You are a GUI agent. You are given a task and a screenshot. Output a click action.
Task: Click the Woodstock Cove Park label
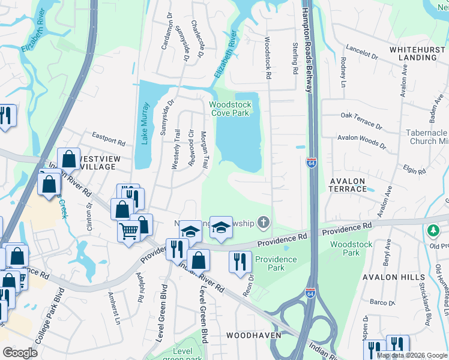pyautogui.click(x=230, y=109)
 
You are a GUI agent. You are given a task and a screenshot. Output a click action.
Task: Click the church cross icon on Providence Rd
pyautogui.click(x=262, y=223)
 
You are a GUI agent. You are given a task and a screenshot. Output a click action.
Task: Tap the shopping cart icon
pyautogui.click(x=129, y=230)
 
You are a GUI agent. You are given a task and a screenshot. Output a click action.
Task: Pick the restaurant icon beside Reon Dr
pyautogui.click(x=239, y=262)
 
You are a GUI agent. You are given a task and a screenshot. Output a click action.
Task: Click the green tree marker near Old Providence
pyautogui.click(x=432, y=230)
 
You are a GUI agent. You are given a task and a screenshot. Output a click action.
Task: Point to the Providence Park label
pyautogui.click(x=276, y=263)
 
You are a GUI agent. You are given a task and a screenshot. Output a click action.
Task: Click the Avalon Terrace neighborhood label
pyautogui.click(x=348, y=184)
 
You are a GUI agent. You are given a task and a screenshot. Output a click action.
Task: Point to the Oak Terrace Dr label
pyautogui.click(x=361, y=120)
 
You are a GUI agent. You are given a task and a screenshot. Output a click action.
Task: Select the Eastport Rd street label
pyautogui.click(x=108, y=139)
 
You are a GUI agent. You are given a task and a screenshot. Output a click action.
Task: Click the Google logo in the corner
pyautogui.click(x=20, y=352)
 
